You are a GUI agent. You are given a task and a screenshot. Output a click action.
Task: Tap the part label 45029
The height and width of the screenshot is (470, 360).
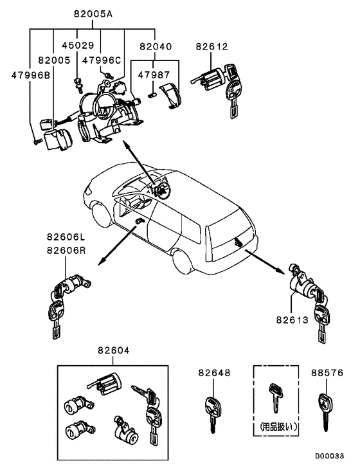pos(78,46)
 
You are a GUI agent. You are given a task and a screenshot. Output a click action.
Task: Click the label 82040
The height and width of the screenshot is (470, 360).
pos(155,46)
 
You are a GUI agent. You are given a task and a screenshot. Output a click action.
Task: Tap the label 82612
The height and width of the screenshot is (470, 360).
pos(213,46)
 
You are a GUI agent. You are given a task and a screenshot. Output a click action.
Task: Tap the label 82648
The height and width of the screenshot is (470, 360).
pos(214,372)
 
